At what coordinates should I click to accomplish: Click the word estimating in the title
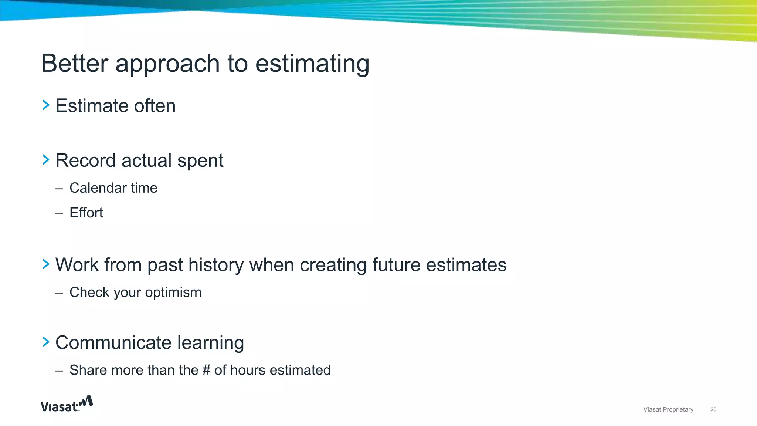(312, 63)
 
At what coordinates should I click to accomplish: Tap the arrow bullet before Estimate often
(46, 105)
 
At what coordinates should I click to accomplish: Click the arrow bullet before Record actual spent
(46, 160)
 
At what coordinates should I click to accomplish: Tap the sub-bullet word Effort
(86, 213)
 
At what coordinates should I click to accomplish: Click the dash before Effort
(59, 213)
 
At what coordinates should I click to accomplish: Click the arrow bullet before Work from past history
(46, 264)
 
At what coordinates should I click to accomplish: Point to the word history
(216, 265)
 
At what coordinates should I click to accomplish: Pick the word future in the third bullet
(396, 265)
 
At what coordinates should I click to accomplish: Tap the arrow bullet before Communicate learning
(46, 342)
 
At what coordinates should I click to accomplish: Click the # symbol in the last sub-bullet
(206, 370)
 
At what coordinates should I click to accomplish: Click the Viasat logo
(67, 404)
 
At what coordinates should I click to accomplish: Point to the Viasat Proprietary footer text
(668, 409)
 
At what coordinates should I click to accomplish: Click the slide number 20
(713, 409)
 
